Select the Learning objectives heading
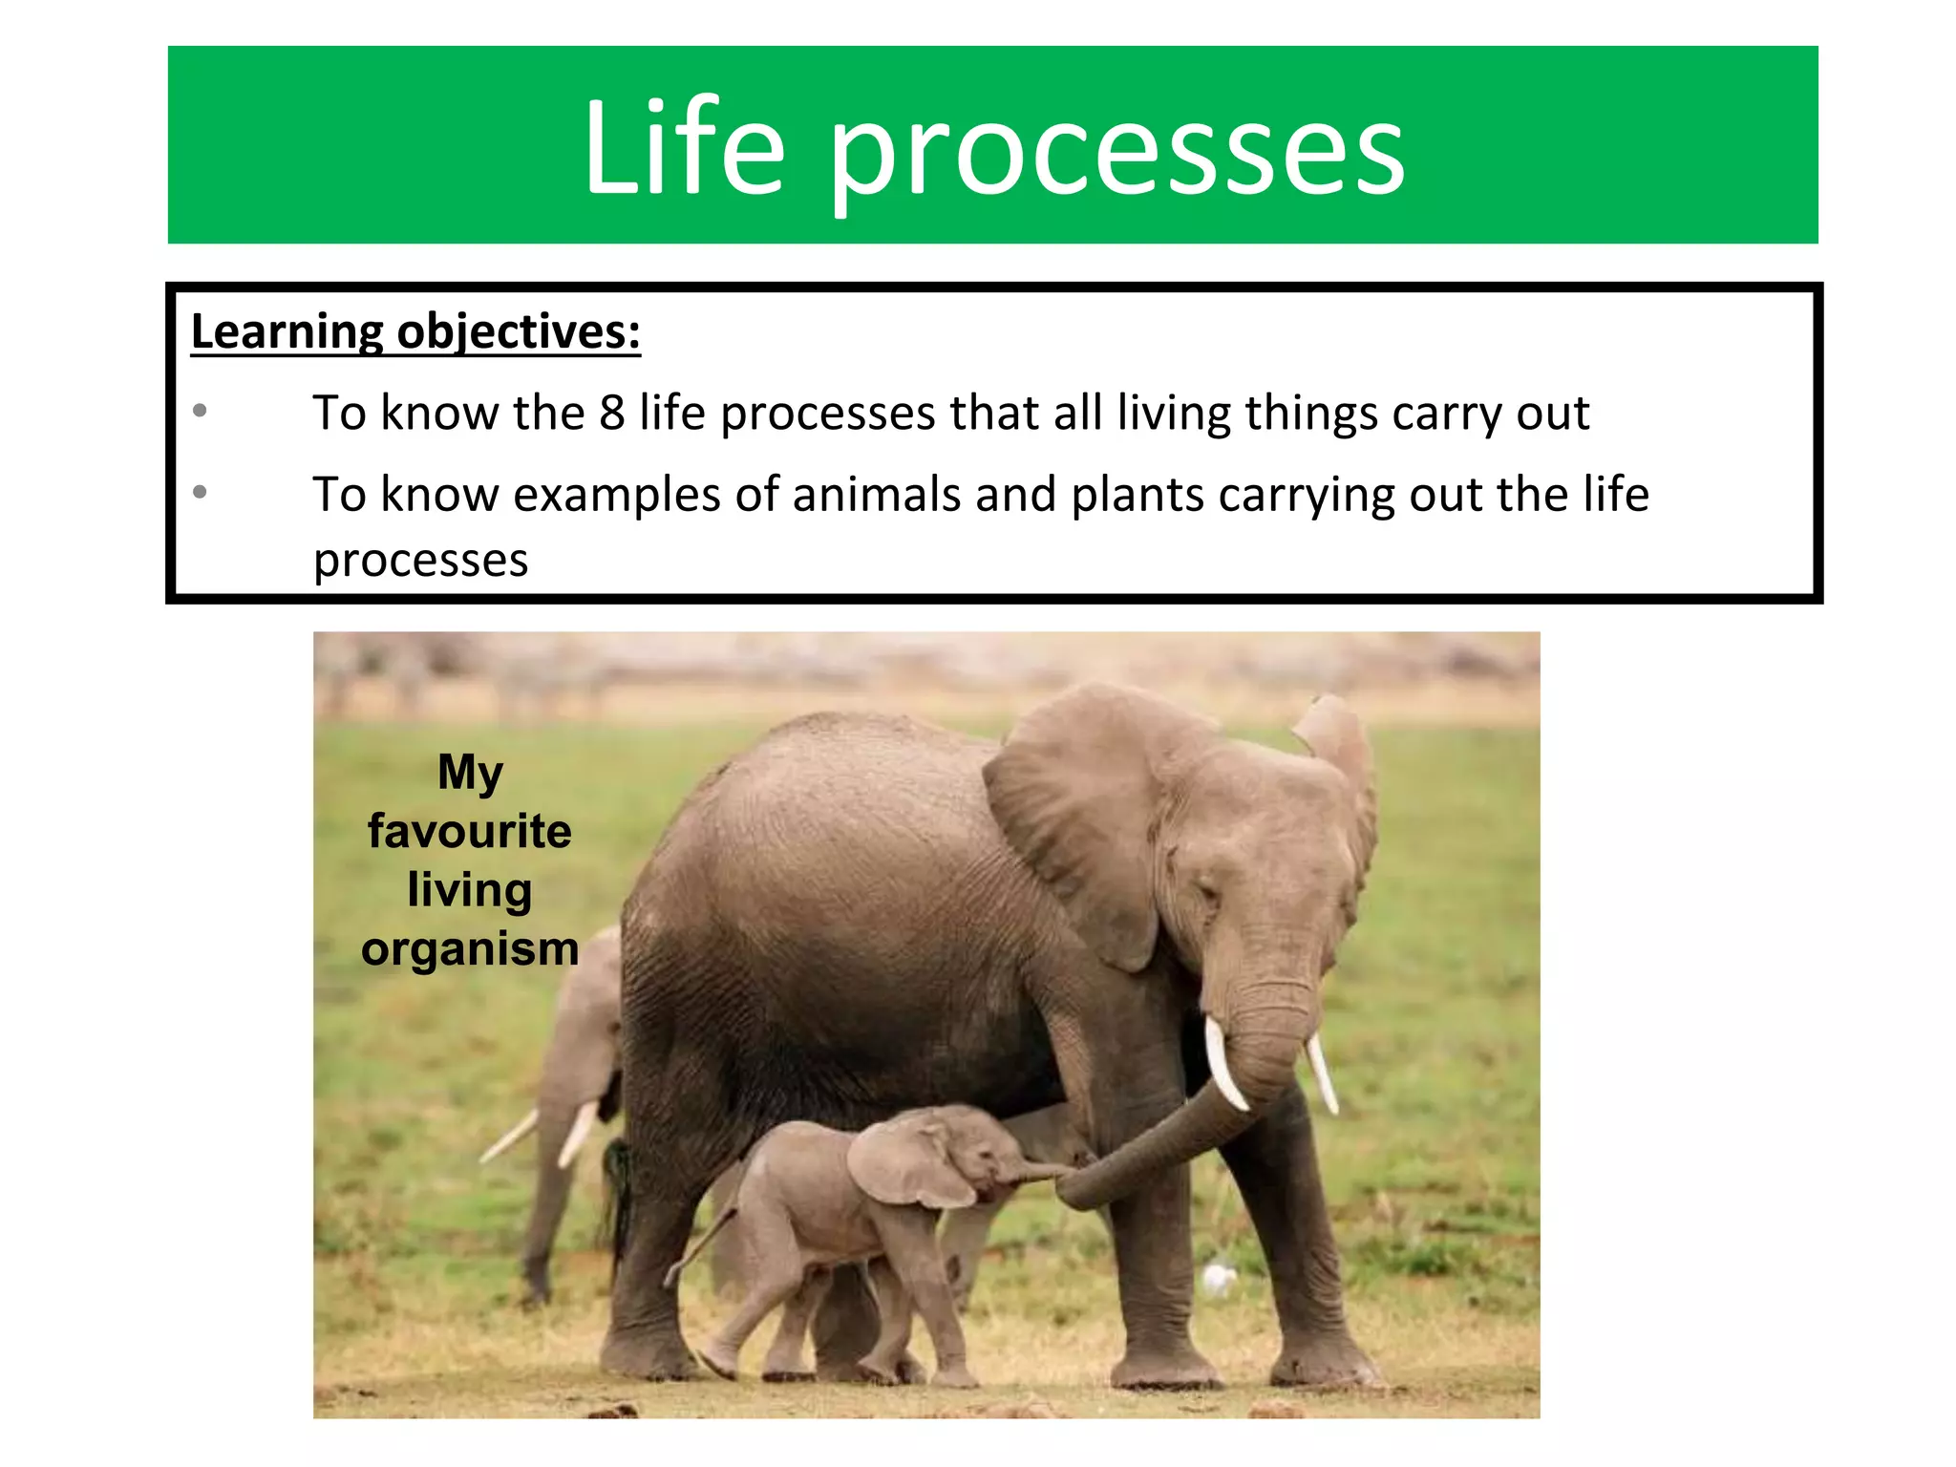(415, 332)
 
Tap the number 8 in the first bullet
(611, 413)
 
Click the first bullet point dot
(200, 411)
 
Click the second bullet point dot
(200, 492)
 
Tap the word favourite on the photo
(469, 831)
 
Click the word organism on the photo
(469, 948)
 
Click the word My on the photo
(469, 772)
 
